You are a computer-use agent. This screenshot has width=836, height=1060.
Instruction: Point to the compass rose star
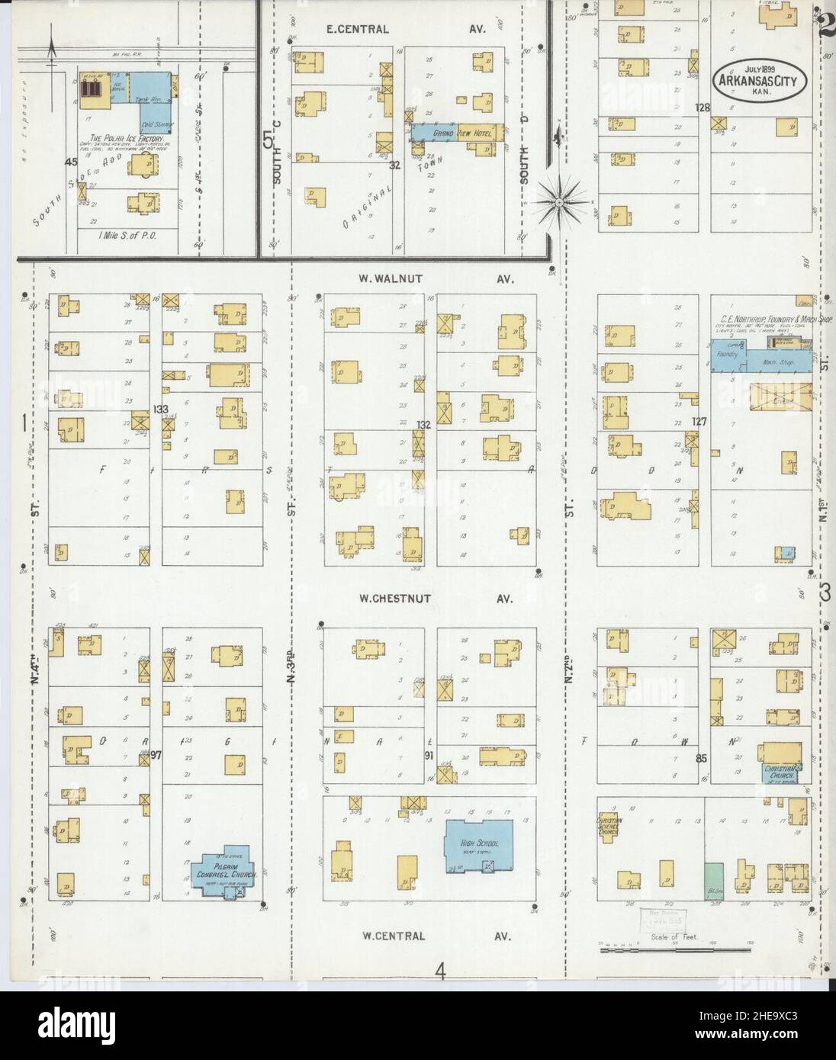558,202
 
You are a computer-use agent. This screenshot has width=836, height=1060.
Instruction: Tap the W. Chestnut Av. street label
436,599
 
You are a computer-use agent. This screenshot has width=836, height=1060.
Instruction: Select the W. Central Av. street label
436,936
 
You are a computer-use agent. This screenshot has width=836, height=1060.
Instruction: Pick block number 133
160,410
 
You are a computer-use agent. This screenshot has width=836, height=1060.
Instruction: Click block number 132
425,424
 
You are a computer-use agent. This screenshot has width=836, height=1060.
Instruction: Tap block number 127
700,421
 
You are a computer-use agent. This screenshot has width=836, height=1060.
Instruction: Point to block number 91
429,755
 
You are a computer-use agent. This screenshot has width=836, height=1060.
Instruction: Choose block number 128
703,108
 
